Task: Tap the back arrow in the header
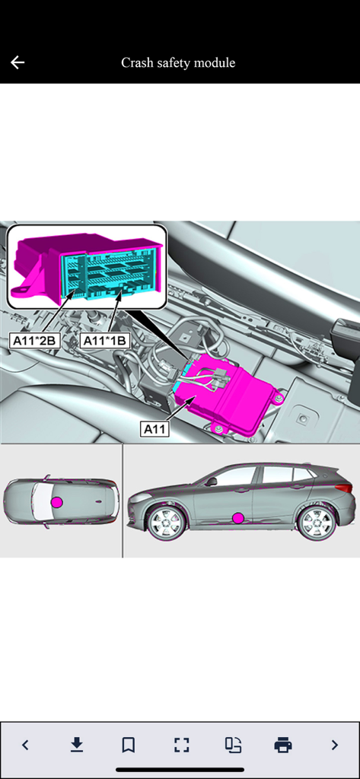tap(18, 62)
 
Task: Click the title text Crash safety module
tap(178, 62)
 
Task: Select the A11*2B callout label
tap(34, 340)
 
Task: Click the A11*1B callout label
tap(104, 340)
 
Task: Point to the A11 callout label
tap(155, 429)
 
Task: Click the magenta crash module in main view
tap(228, 399)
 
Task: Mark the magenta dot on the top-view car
tap(56, 502)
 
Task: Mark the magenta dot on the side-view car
tap(238, 518)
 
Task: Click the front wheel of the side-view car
tap(166, 523)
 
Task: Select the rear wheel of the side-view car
tap(316, 522)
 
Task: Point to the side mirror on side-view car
tap(211, 481)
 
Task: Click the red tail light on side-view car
tap(344, 488)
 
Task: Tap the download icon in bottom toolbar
tap(76, 745)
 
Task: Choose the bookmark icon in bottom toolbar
tap(128, 745)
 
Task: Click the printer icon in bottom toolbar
tap(283, 745)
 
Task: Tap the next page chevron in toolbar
tap(334, 745)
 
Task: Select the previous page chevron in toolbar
tap(25, 745)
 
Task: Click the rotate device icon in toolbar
tap(233, 745)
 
